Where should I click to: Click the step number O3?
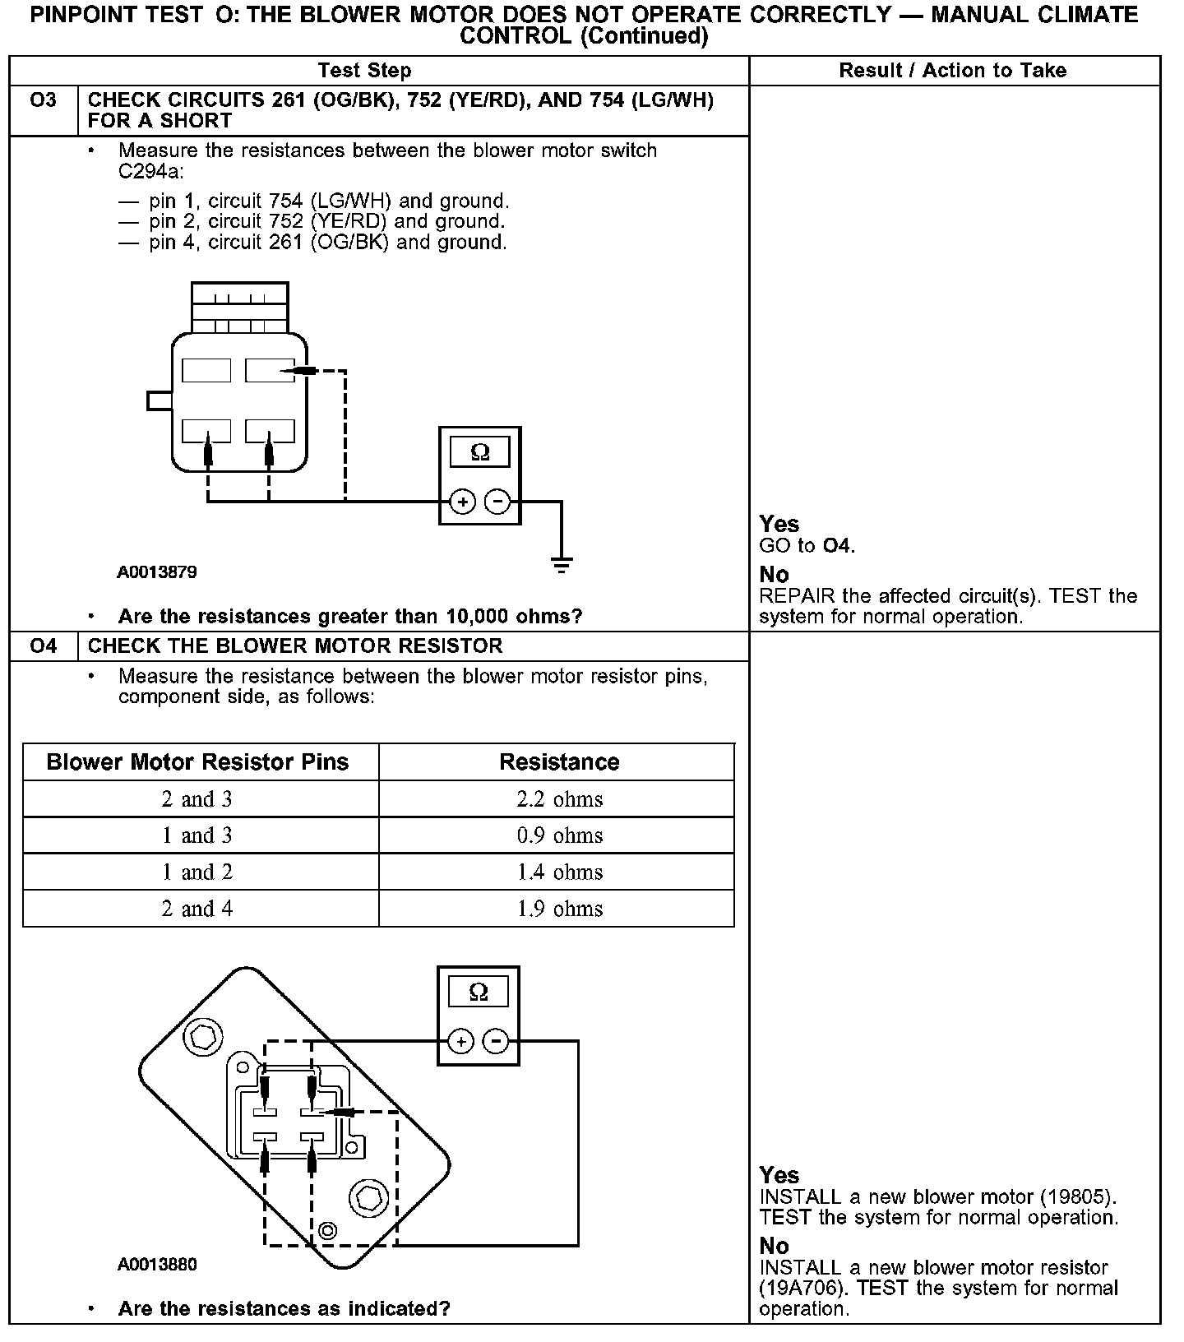(43, 100)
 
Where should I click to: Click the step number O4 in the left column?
(43, 646)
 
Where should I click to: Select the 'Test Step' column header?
(364, 71)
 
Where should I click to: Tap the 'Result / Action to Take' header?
(952, 71)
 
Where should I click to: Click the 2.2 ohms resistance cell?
(559, 799)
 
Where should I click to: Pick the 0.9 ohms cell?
(559, 835)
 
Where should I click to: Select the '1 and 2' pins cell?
(197, 872)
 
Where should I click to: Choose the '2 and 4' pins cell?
(197, 909)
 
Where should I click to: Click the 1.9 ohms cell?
(559, 909)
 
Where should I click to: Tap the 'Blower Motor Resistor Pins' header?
(197, 762)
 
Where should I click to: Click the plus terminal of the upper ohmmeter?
(463, 501)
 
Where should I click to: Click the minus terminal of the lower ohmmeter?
(495, 1042)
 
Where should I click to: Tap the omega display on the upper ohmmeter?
(479, 452)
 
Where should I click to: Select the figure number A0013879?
(157, 572)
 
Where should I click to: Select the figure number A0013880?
(157, 1265)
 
